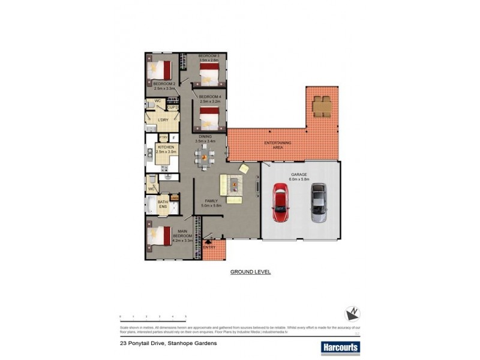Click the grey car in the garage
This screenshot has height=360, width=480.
click(318, 203)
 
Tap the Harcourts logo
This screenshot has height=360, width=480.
click(340, 347)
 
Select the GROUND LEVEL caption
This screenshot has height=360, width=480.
click(251, 272)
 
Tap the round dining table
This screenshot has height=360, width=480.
click(204, 158)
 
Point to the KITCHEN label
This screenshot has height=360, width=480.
click(166, 147)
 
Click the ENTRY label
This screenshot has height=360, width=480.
click(210, 247)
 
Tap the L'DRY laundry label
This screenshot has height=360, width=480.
click(163, 119)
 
